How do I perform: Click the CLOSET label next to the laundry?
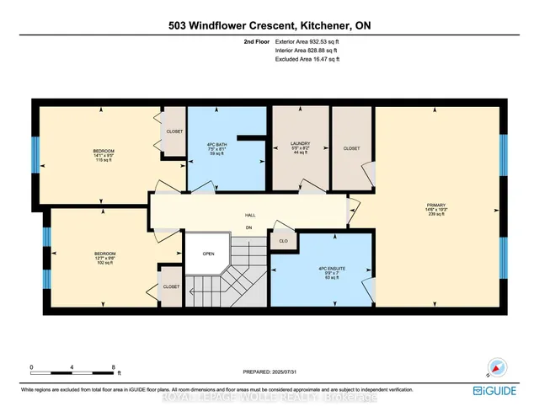click(351, 148)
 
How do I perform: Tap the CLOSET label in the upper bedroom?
click(175, 132)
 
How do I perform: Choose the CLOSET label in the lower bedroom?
click(171, 286)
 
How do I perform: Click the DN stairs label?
click(248, 226)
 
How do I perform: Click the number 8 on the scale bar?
click(113, 368)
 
